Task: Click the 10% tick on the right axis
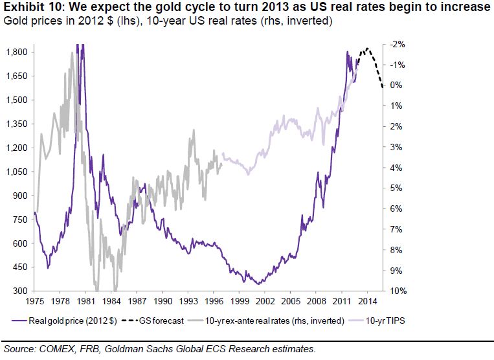pyautogui.click(x=398, y=291)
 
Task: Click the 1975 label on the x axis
pyautogui.click(x=34, y=302)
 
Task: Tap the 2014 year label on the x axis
pyautogui.click(x=367, y=302)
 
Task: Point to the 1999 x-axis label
pyautogui.click(x=240, y=302)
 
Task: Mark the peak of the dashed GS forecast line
pyautogui.click(x=367, y=49)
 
